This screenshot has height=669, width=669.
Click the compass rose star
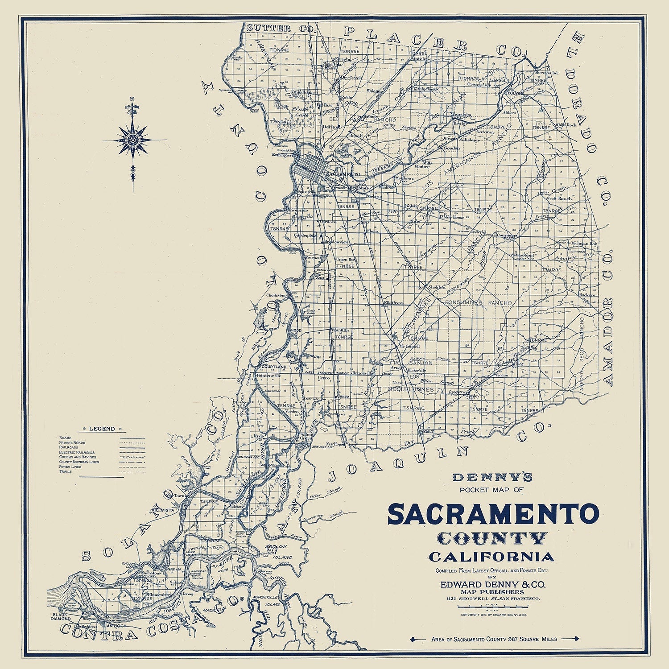click(132, 140)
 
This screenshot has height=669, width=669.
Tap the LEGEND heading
click(102, 429)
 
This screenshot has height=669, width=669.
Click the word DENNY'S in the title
click(492, 478)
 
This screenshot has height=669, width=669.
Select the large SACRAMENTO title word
click(492, 514)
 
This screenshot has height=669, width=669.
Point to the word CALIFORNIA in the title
click(492, 557)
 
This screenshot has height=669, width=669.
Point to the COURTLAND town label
click(273, 367)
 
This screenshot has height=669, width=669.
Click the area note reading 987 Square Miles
click(494, 639)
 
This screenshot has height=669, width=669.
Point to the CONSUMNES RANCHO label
click(479, 303)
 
